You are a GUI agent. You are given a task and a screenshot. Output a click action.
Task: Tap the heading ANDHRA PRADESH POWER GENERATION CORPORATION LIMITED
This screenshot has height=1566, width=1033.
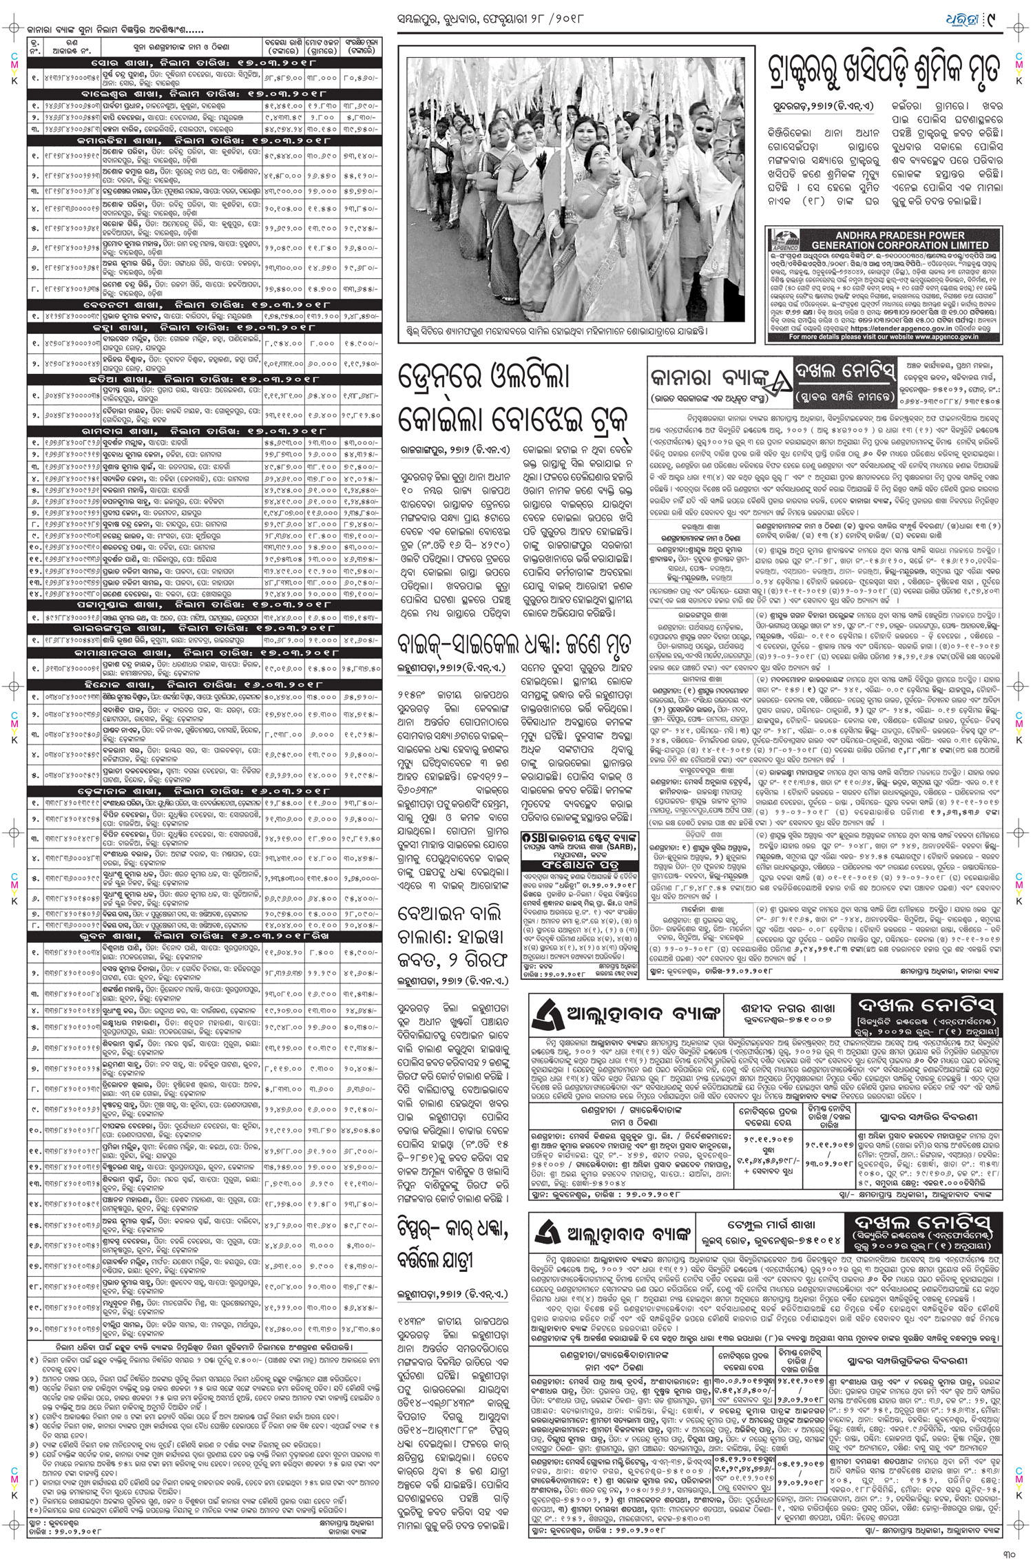pos(899,240)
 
